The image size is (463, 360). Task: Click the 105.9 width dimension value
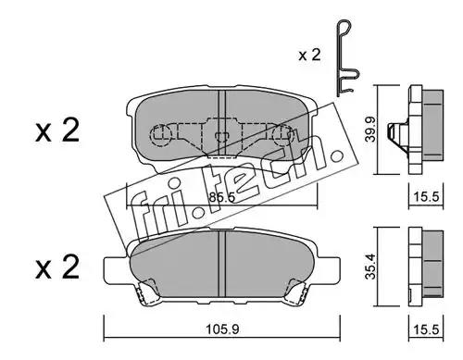(222, 329)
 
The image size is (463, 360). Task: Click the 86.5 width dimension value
(221, 197)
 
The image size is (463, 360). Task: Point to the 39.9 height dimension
(369, 129)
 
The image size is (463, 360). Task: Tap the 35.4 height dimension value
(369, 267)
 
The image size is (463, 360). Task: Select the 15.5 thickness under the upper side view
(426, 196)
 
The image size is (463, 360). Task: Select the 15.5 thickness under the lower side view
(426, 329)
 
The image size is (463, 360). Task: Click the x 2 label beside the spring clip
(309, 56)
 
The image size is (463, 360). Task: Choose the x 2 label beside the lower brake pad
(57, 267)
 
